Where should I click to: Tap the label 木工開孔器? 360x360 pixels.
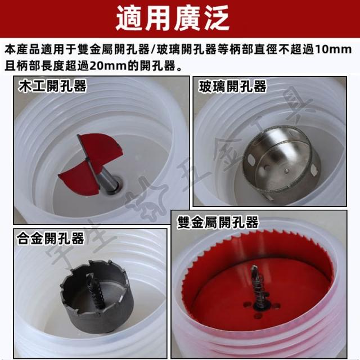(52, 86)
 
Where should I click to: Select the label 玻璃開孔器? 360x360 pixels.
(232, 87)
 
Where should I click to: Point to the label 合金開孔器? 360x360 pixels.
(50, 238)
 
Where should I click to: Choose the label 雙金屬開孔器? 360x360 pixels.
(218, 222)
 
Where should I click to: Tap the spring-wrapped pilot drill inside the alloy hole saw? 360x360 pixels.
(97, 291)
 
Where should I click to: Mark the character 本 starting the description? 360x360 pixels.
(10, 49)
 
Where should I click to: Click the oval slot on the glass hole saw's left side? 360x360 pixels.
(251, 160)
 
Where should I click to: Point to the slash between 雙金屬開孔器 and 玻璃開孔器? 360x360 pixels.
(153, 49)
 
